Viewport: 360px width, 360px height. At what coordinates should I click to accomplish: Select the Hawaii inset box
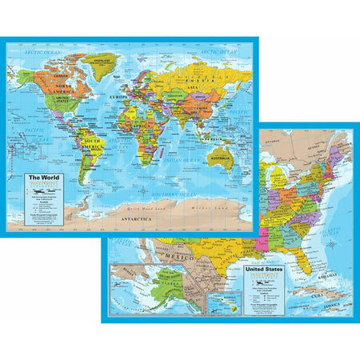click(217, 303)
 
